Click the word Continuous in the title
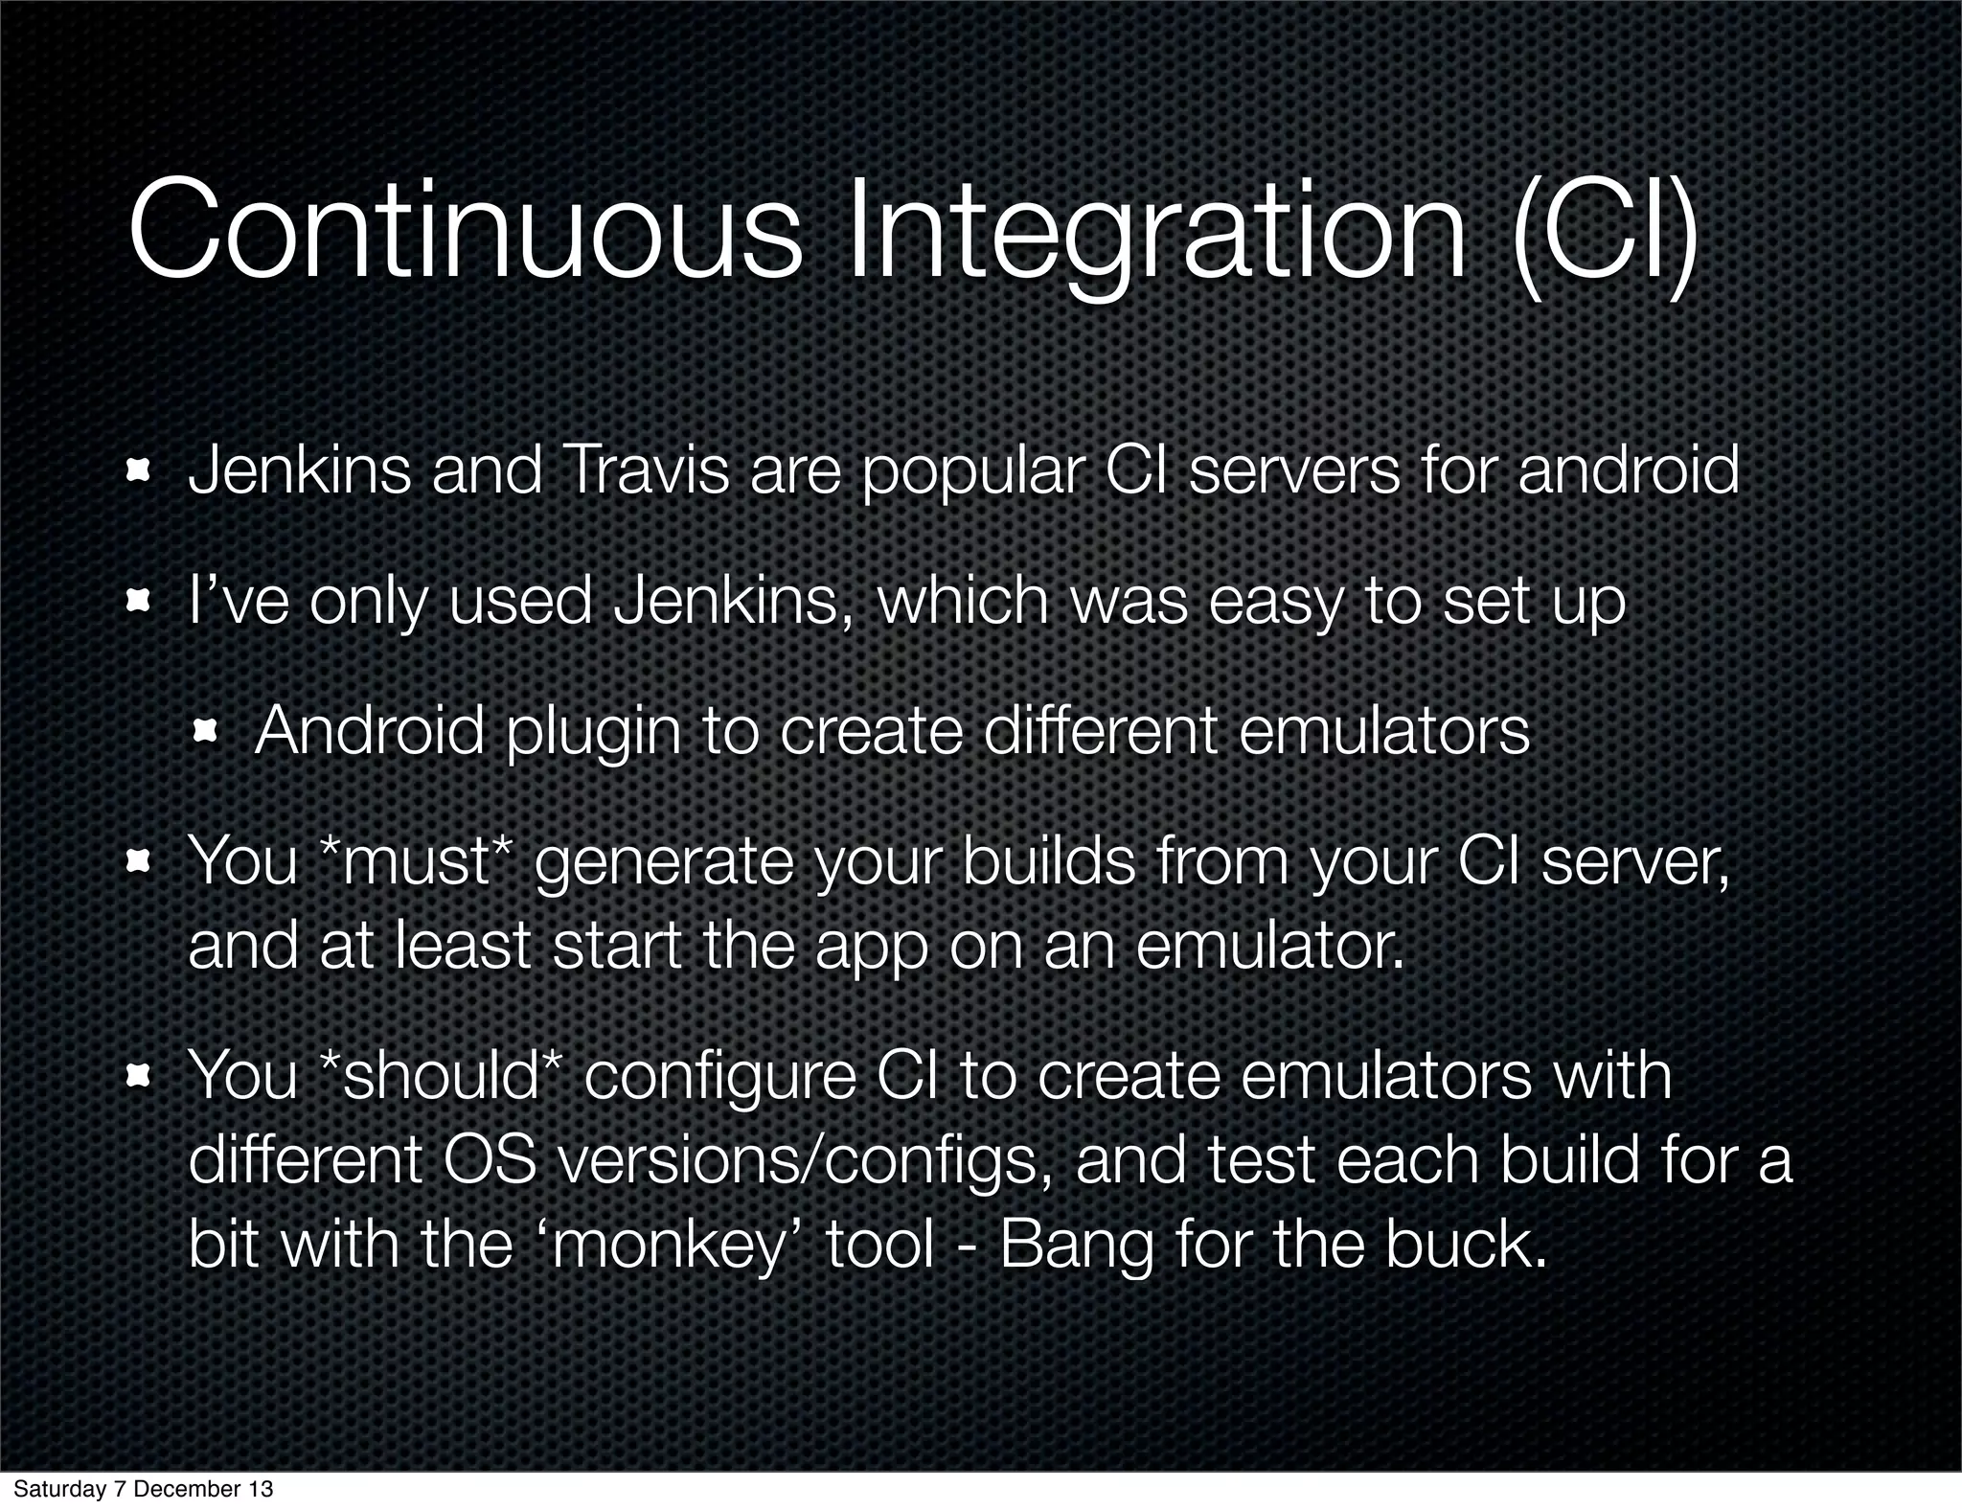[x=465, y=235]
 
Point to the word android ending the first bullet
[x=1628, y=471]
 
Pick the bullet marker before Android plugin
[x=204, y=733]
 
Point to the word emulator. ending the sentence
[x=1269, y=945]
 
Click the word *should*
[x=445, y=1075]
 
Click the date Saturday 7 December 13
[x=143, y=1489]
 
